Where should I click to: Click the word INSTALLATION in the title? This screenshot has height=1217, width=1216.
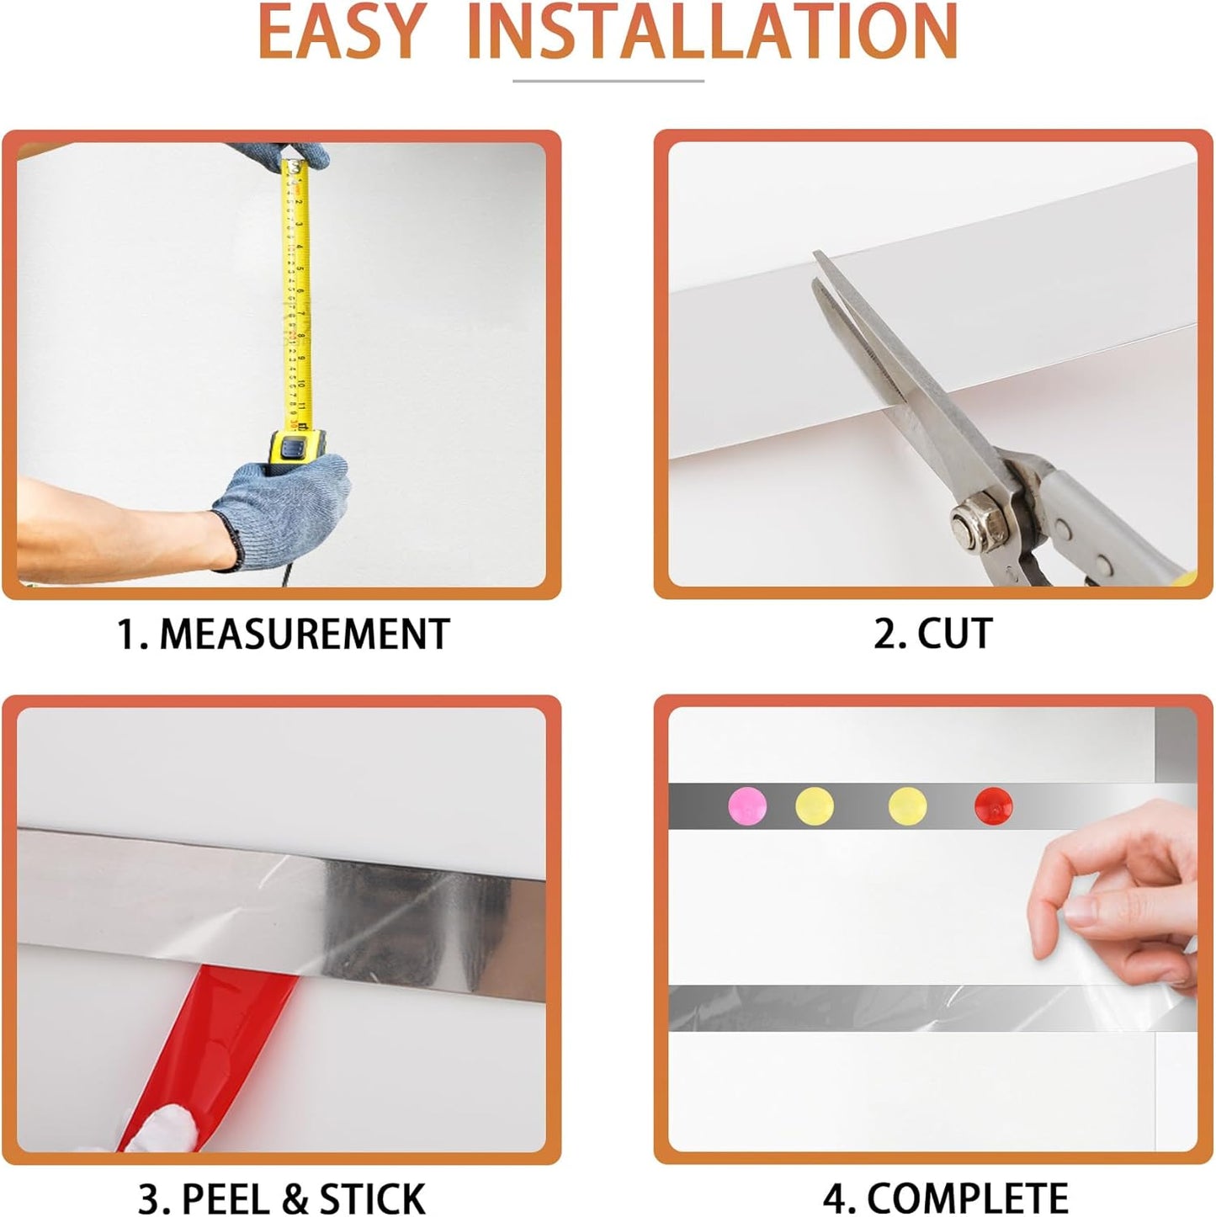pos(712,31)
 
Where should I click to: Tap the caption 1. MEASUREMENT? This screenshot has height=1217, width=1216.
pos(284,634)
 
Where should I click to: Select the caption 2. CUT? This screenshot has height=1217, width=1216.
pos(932,634)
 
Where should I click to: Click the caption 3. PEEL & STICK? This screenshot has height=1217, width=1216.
pos(281,1197)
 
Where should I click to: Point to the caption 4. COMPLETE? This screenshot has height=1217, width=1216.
pos(945,1197)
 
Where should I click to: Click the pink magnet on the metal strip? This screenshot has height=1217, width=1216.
pos(746,805)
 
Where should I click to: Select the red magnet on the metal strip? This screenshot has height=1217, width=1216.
pos(993,805)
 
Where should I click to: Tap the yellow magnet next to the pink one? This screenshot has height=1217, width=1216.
pos(814,805)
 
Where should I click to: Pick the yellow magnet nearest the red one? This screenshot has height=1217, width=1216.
pos(907,805)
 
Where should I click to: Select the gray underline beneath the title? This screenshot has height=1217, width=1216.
pos(608,82)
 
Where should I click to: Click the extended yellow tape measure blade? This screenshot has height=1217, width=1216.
pos(295,295)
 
